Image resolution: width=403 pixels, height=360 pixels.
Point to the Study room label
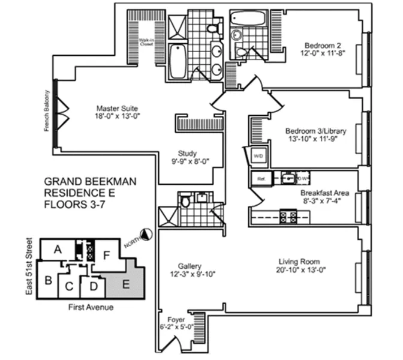pyautogui.click(x=188, y=153)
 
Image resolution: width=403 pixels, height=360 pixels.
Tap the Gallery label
pyautogui.click(x=189, y=266)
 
